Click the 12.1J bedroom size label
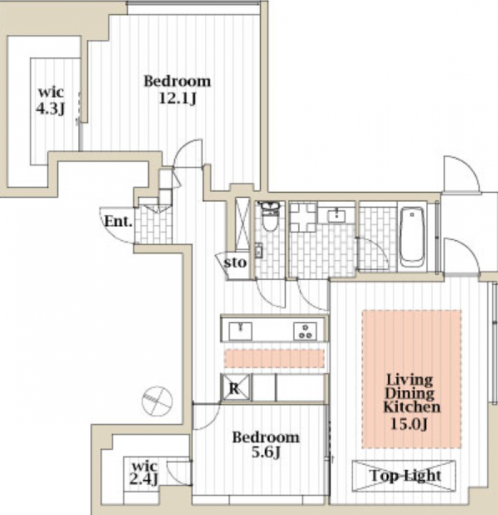pos(177,98)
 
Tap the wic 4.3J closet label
pos(50,101)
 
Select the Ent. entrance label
pos(118,221)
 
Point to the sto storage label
pos(235,262)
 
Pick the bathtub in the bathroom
pos(411,237)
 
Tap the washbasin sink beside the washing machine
pos(336,216)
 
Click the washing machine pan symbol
pos(303,218)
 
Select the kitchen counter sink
pos(241,331)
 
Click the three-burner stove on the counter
pos(305,331)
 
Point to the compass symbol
pos(157,401)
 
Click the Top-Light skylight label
pos(405,476)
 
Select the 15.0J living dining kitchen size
pos(409,424)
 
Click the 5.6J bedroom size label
pos(266,453)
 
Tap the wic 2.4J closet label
pos(144,473)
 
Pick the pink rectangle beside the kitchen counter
pos(275,358)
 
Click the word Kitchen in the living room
pos(411,407)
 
